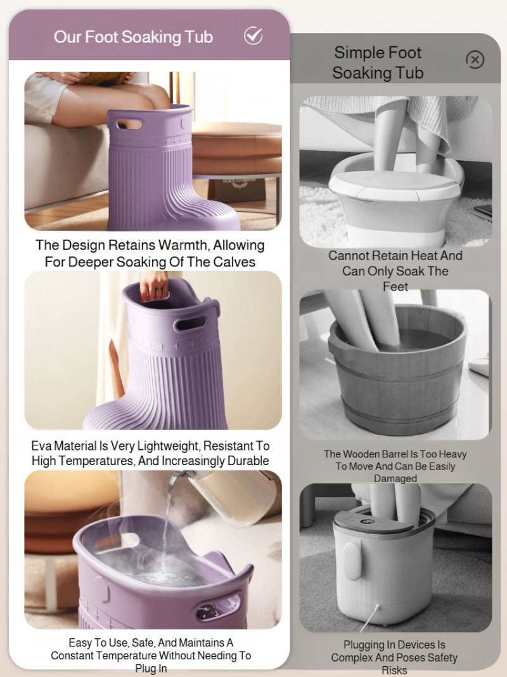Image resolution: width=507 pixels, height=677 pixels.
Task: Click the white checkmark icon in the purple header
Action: tap(253, 36)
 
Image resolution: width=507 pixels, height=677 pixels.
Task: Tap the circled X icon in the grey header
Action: tap(475, 60)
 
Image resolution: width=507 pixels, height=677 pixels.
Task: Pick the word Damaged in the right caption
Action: tap(395, 478)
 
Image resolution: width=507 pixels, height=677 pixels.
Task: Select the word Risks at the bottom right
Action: tap(394, 671)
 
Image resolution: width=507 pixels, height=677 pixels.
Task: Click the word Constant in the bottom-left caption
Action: tap(72, 655)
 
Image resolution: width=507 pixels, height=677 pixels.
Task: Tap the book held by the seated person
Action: tap(103, 78)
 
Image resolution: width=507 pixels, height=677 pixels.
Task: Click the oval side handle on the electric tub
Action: tap(352, 562)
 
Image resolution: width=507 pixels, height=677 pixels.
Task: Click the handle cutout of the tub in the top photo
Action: tap(129, 125)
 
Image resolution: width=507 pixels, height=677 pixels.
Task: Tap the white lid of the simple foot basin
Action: tap(394, 186)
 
